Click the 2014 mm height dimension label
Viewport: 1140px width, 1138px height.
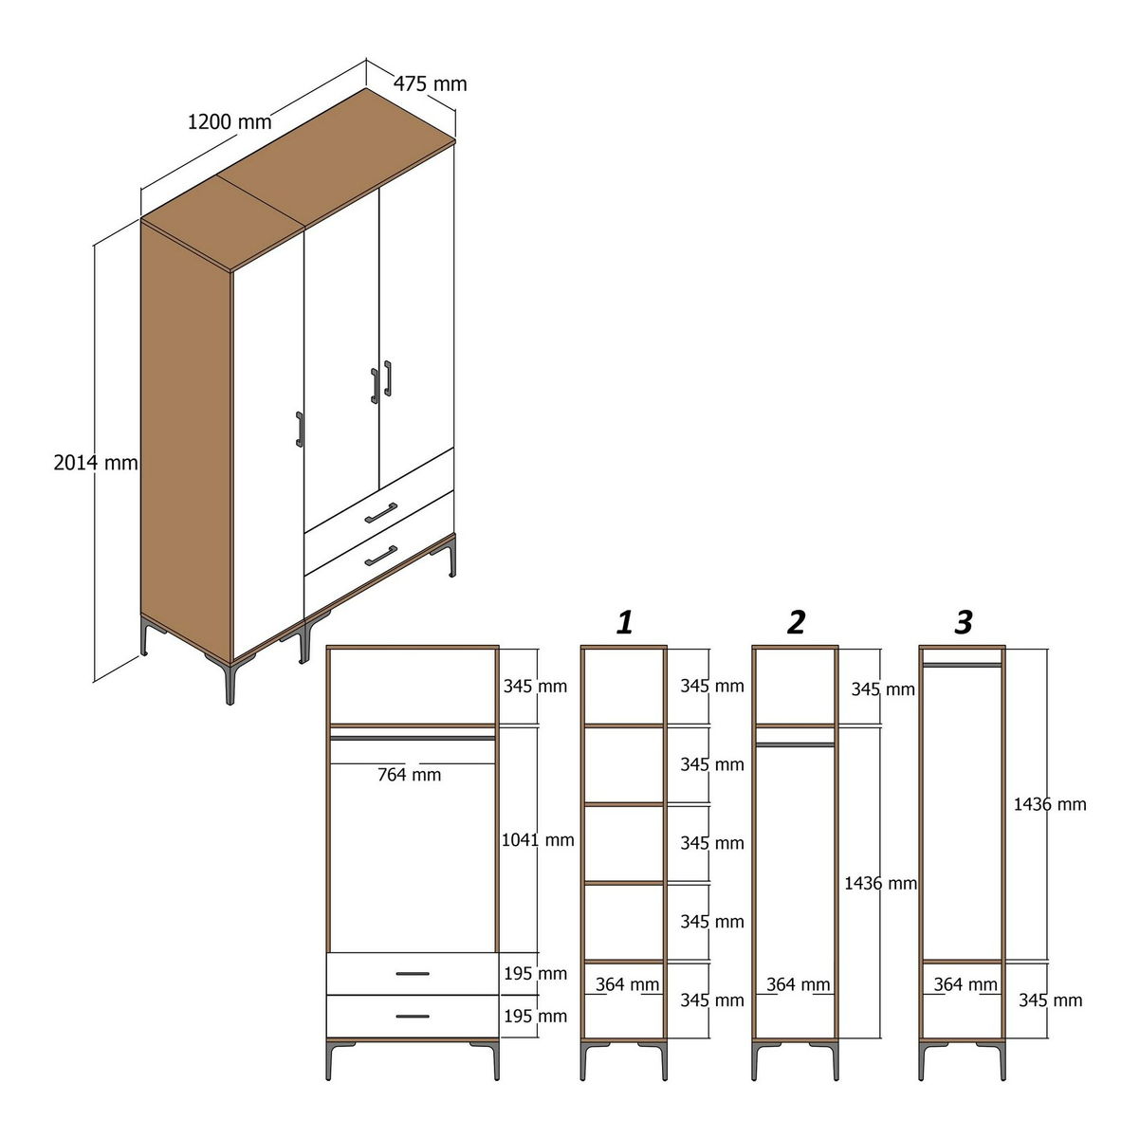(96, 462)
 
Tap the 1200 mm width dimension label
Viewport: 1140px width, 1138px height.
(230, 122)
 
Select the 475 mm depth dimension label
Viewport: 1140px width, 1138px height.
(430, 84)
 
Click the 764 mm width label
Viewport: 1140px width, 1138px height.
(410, 775)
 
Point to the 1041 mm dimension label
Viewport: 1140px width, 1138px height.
(538, 839)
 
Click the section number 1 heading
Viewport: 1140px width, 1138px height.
(625, 622)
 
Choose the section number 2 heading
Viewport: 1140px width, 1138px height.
(797, 622)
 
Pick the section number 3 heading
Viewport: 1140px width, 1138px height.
(964, 622)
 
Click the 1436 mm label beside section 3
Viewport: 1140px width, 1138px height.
(1050, 804)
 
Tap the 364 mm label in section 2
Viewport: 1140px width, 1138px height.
(798, 984)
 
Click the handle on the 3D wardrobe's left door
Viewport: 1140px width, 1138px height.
(300, 430)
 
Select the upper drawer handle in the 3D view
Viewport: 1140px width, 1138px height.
(381, 513)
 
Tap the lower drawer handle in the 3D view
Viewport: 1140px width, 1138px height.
(381, 557)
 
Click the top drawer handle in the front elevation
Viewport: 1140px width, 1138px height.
(413, 974)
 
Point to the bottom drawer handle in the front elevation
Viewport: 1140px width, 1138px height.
(413, 1016)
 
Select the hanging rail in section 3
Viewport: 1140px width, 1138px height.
(962, 665)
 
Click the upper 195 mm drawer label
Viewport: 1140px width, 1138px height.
(536, 974)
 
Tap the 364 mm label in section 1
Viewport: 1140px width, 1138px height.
(627, 984)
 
